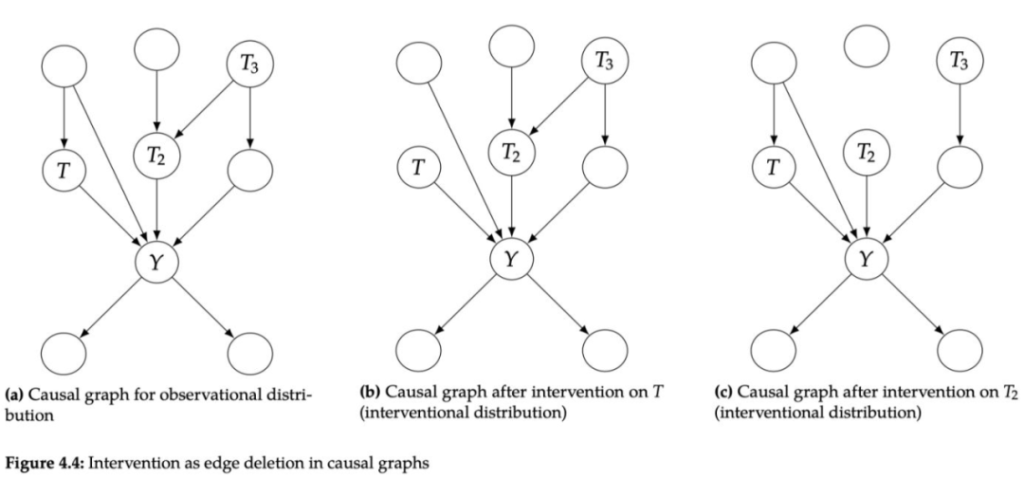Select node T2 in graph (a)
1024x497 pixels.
pyautogui.click(x=156, y=151)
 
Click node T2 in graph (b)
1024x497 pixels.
pyautogui.click(x=512, y=151)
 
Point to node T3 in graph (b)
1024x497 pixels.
pyautogui.click(x=604, y=64)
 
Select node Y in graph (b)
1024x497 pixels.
pyautogui.click(x=512, y=258)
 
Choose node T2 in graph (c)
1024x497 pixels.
pyautogui.click(x=867, y=151)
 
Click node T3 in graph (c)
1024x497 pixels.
pyautogui.click(x=960, y=64)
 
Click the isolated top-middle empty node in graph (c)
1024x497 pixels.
pyautogui.click(x=867, y=46)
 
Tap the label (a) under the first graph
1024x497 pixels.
pyautogui.click(x=16, y=389)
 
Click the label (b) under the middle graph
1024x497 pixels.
pyautogui.click(x=373, y=389)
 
